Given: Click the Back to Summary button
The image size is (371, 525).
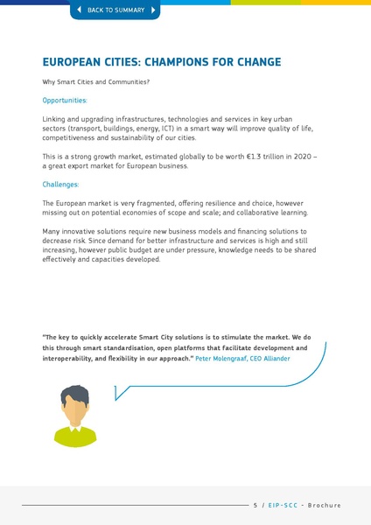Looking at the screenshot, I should coord(115,10).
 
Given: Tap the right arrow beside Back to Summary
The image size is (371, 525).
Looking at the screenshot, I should coord(153,10).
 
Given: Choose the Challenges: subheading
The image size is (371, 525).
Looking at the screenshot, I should coord(60,185).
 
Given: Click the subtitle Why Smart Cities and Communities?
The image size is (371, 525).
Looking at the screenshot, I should coord(96,82).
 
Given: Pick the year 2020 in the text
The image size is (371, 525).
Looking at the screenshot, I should coord(306,156).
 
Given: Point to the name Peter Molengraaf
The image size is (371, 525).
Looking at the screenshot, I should coord(221,359).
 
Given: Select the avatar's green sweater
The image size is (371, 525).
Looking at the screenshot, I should coord(75,436).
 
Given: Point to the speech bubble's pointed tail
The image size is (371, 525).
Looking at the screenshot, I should coord(118,395).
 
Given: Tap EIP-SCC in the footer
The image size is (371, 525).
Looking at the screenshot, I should coord(281,506).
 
